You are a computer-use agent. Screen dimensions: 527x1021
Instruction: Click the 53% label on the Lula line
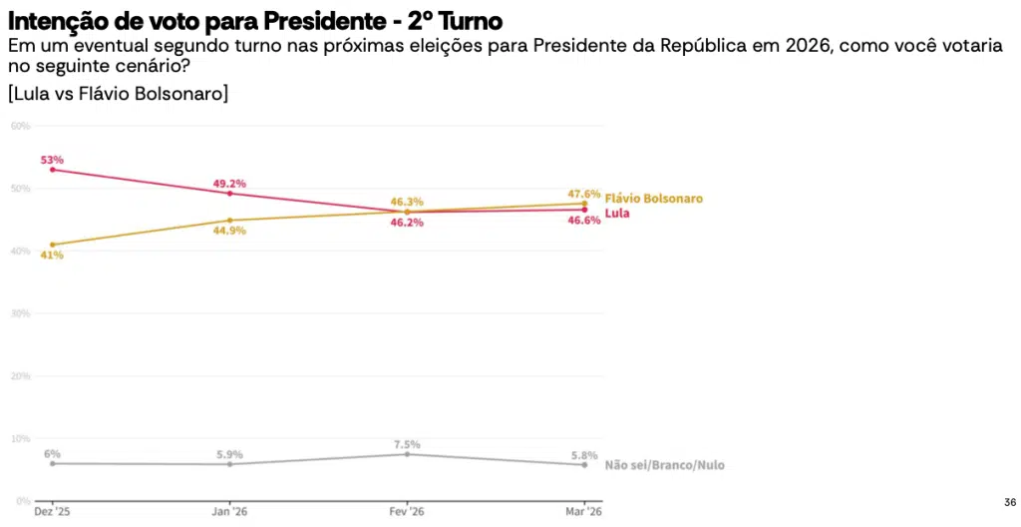pos(52,160)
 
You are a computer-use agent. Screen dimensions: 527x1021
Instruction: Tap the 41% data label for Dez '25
pos(52,256)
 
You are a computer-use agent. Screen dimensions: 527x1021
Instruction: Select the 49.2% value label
pos(229,184)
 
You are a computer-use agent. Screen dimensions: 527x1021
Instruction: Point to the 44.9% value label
pos(229,231)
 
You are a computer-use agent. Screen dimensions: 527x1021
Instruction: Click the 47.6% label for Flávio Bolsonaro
pos(584,194)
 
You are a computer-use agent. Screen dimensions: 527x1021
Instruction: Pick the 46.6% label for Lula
pos(584,221)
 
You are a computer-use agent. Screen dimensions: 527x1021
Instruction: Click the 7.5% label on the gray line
pos(407,444)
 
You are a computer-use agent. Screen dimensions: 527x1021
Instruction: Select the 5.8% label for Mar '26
pos(584,454)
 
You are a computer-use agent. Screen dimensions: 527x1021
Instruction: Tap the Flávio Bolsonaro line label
pos(653,199)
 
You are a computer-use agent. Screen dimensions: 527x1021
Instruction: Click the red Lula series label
pos(617,213)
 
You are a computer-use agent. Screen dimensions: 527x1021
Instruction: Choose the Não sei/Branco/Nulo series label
pos(664,465)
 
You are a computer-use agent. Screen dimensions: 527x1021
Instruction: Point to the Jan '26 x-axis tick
pos(229,511)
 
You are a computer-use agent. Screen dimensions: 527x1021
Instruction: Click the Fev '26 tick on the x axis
pos(407,511)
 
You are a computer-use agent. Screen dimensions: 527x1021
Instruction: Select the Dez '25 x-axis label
pos(52,511)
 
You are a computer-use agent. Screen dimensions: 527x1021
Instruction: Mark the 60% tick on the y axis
pos(20,126)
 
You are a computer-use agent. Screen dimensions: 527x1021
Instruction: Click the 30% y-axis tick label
pos(20,313)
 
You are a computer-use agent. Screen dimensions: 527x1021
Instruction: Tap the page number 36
pos(1010,502)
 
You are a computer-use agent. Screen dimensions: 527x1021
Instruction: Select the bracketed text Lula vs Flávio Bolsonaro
pos(119,94)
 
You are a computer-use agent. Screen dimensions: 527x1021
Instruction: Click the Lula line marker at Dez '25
pos(52,170)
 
